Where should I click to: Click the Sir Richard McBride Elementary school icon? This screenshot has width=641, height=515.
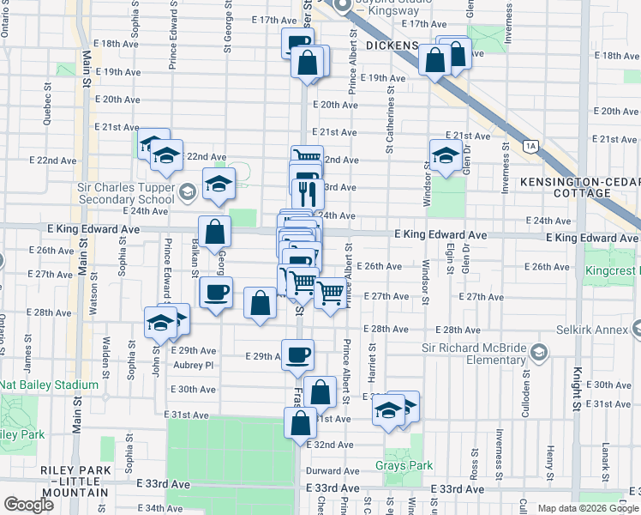pos(538,353)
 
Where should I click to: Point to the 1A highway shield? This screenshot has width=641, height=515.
pos(531,147)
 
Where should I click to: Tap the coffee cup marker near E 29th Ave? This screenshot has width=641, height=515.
pos(298,354)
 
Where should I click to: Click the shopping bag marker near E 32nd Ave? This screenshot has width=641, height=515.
pos(300,423)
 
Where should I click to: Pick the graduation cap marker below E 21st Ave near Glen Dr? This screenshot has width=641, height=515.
pos(445,155)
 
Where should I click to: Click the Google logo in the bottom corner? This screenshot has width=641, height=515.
pos(28,505)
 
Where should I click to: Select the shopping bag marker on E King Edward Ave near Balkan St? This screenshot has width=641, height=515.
pos(213,231)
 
